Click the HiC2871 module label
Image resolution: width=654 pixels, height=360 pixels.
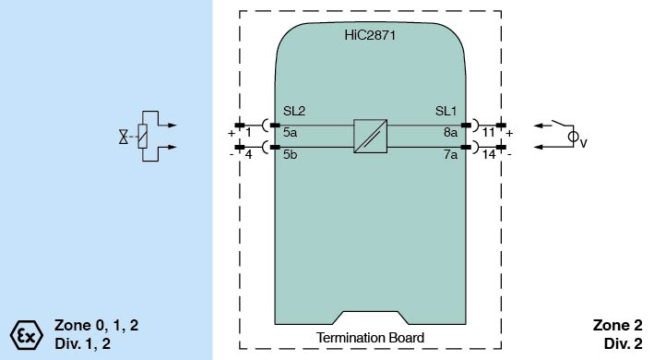(x=370, y=35)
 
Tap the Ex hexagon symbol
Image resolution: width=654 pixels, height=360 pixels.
(x=26, y=335)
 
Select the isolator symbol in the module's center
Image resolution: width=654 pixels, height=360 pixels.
(x=371, y=136)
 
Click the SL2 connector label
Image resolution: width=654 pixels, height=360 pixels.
(x=294, y=111)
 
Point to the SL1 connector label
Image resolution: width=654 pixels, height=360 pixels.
(x=446, y=111)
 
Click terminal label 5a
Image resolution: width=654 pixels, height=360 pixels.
(x=290, y=133)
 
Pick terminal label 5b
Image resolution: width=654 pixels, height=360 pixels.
(x=290, y=154)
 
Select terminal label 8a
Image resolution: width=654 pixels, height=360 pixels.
(x=450, y=133)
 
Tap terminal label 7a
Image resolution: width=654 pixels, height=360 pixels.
(x=450, y=154)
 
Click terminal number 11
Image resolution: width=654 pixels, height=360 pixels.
(x=488, y=133)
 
